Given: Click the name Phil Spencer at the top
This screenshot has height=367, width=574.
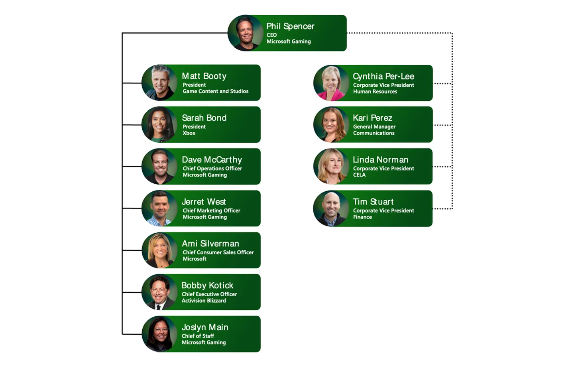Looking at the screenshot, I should coord(290,26).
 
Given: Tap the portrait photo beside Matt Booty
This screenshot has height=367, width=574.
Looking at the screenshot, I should coord(159,83).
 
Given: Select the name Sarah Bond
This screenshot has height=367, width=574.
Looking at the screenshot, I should coord(204,118).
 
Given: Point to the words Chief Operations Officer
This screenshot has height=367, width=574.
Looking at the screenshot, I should coord(212,169).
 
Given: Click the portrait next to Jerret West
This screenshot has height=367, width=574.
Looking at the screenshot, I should coord(159,208).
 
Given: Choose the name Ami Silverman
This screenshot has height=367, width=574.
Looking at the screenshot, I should coord(210,244).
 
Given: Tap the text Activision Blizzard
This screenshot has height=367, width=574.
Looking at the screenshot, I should coord(204,301).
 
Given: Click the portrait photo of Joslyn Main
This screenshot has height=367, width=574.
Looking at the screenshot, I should coord(159,334).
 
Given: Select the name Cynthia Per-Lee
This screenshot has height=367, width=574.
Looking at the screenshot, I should coord(383,76).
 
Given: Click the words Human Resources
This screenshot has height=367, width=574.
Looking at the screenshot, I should coord(375,91).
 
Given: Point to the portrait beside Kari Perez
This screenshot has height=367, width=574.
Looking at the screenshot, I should coord(331,125).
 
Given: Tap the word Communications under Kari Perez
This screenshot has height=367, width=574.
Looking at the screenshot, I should coord(373,133).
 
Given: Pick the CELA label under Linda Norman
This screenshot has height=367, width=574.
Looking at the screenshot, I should coord(359,175).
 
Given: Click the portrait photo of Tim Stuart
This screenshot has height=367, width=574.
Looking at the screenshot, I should coord(331,208).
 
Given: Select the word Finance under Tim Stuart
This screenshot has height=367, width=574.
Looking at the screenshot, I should coord(362,217).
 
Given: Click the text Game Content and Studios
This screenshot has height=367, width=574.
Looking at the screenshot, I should coord(215,91).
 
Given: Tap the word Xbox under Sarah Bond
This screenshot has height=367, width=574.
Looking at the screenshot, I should coord(189,133).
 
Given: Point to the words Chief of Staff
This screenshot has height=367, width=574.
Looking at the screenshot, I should coord(198,336).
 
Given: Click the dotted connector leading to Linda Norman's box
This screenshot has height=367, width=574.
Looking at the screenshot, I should coord(442,167).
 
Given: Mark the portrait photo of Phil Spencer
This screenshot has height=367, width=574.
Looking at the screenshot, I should coord(246,33).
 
